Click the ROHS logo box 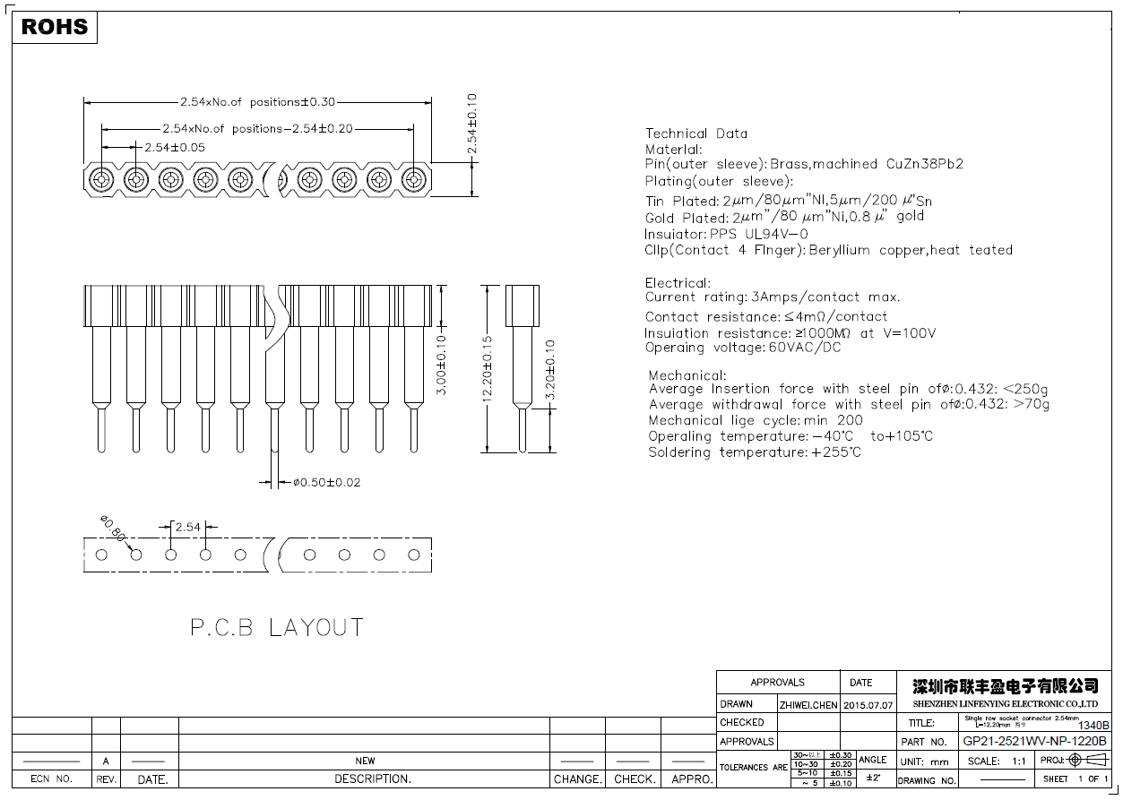point(55,27)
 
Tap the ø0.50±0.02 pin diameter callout point(326,483)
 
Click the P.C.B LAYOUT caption point(276,627)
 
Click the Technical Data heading point(695,133)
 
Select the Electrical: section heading point(677,283)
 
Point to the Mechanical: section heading point(687,375)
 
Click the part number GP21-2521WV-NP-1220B point(1034,742)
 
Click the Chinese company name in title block point(1005,686)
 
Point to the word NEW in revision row point(365,761)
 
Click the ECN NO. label point(51,779)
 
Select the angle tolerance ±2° point(872,778)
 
